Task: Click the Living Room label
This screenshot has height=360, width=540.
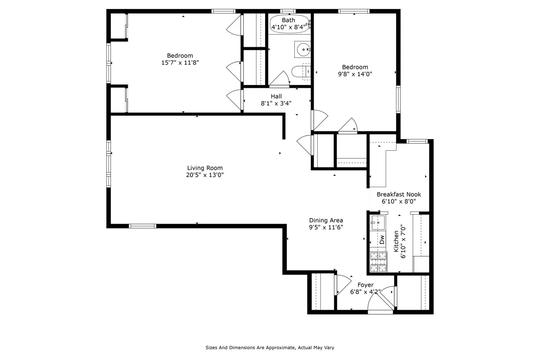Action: pos(205,168)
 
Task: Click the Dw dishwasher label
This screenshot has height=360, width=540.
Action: pos(382,239)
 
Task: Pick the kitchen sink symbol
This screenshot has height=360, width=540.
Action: pos(377,221)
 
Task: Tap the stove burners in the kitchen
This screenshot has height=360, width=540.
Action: pos(378,262)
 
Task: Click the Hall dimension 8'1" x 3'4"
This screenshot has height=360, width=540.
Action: pos(276,103)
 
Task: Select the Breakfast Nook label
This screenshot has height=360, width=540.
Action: pos(399,194)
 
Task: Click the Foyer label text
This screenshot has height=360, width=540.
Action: pos(365,285)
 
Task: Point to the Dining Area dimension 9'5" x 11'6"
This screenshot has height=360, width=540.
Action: pos(326,227)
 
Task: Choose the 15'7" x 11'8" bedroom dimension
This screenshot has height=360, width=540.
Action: pos(180,63)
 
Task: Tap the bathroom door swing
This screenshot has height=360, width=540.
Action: pos(280,79)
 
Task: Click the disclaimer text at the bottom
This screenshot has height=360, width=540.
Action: pos(270,347)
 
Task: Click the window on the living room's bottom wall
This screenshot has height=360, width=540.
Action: pos(143,226)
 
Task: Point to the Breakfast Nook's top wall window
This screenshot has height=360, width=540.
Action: pos(417,141)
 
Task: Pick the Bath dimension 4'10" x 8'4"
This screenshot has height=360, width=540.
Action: pos(288,27)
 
